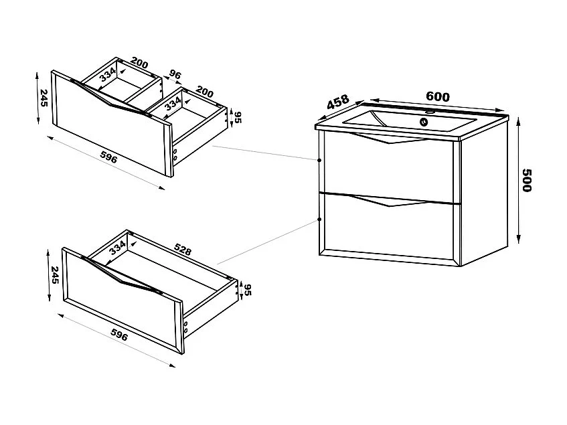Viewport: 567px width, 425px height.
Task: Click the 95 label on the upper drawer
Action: click(x=237, y=118)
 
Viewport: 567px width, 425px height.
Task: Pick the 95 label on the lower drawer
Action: click(x=247, y=290)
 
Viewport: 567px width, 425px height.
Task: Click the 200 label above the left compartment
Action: click(x=140, y=64)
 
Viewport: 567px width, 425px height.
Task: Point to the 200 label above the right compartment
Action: click(x=204, y=92)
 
